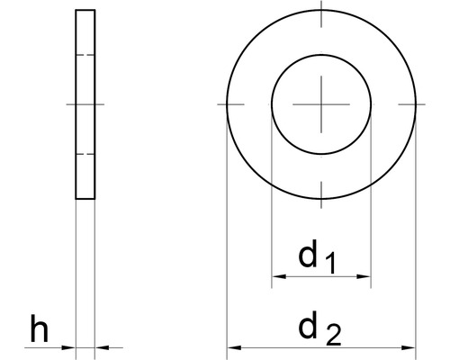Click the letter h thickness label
tap(38, 330)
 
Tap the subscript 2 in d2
tap(332, 335)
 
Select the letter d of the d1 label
tap(309, 256)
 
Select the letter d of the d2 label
tap(309, 328)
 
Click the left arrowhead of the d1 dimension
tap(277, 276)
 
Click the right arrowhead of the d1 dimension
tap(364, 276)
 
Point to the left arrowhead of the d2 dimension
tap(233, 347)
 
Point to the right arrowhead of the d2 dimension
tap(409, 347)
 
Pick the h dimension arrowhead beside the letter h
tap(69, 347)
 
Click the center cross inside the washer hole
tap(321, 105)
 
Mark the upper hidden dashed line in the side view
tap(85, 57)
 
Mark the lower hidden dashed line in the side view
tap(85, 154)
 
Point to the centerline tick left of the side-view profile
tap(71, 105)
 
